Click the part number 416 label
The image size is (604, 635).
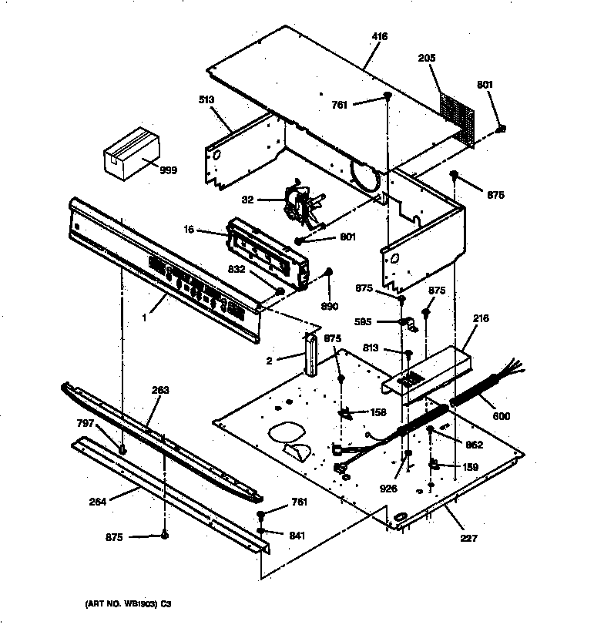pyautogui.click(x=379, y=37)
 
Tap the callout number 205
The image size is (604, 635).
pyautogui.click(x=428, y=58)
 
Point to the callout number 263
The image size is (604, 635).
pyautogui.click(x=159, y=390)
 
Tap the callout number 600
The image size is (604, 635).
pyautogui.click(x=502, y=417)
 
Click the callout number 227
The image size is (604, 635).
pyautogui.click(x=468, y=539)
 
